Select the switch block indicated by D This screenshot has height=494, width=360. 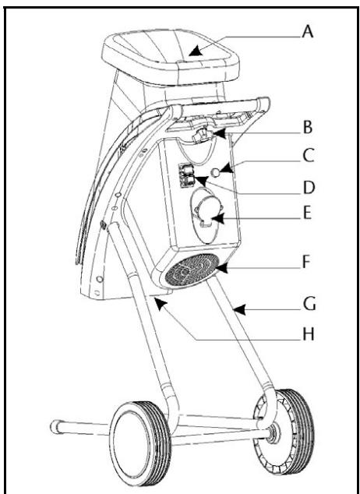(x=187, y=176)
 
